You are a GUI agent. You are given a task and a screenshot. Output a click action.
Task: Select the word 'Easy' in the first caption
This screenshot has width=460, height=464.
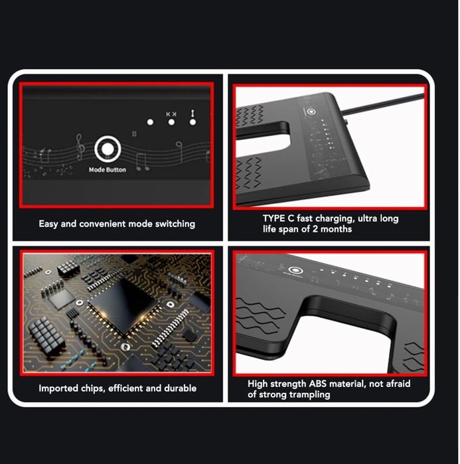(x=48, y=224)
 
